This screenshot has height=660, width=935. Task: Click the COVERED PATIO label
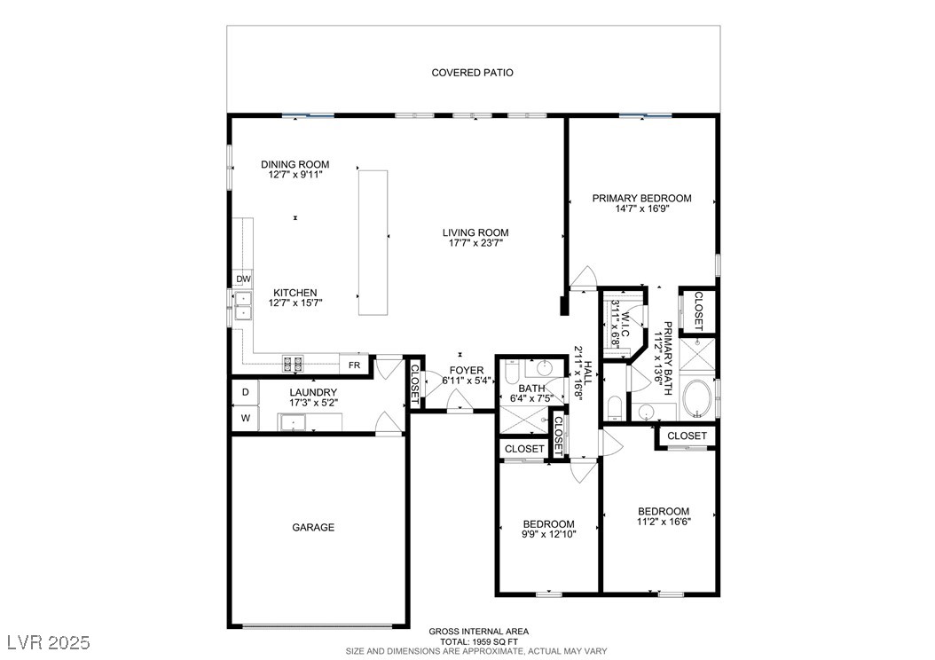coord(472,73)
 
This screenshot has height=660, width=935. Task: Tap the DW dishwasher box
coord(243,279)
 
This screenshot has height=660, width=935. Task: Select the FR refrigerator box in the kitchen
coord(354,365)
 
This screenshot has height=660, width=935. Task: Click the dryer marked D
coord(245,392)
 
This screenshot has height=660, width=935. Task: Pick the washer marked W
coord(245,418)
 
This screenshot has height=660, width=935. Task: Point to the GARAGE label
coord(313,528)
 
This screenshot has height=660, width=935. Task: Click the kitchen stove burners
coord(292,363)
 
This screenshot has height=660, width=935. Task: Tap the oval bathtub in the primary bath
coord(697,400)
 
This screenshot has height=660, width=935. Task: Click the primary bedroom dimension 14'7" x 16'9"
coord(643,208)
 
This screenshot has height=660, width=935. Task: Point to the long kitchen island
coord(373,243)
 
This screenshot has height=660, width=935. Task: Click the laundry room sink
coord(292,422)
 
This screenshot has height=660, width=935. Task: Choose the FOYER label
coord(467,370)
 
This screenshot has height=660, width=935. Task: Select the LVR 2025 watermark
coord(49,642)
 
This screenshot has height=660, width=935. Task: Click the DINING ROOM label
coord(295,164)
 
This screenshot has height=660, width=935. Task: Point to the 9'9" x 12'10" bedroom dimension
coord(548,535)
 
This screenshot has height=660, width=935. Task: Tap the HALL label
coord(588,373)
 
